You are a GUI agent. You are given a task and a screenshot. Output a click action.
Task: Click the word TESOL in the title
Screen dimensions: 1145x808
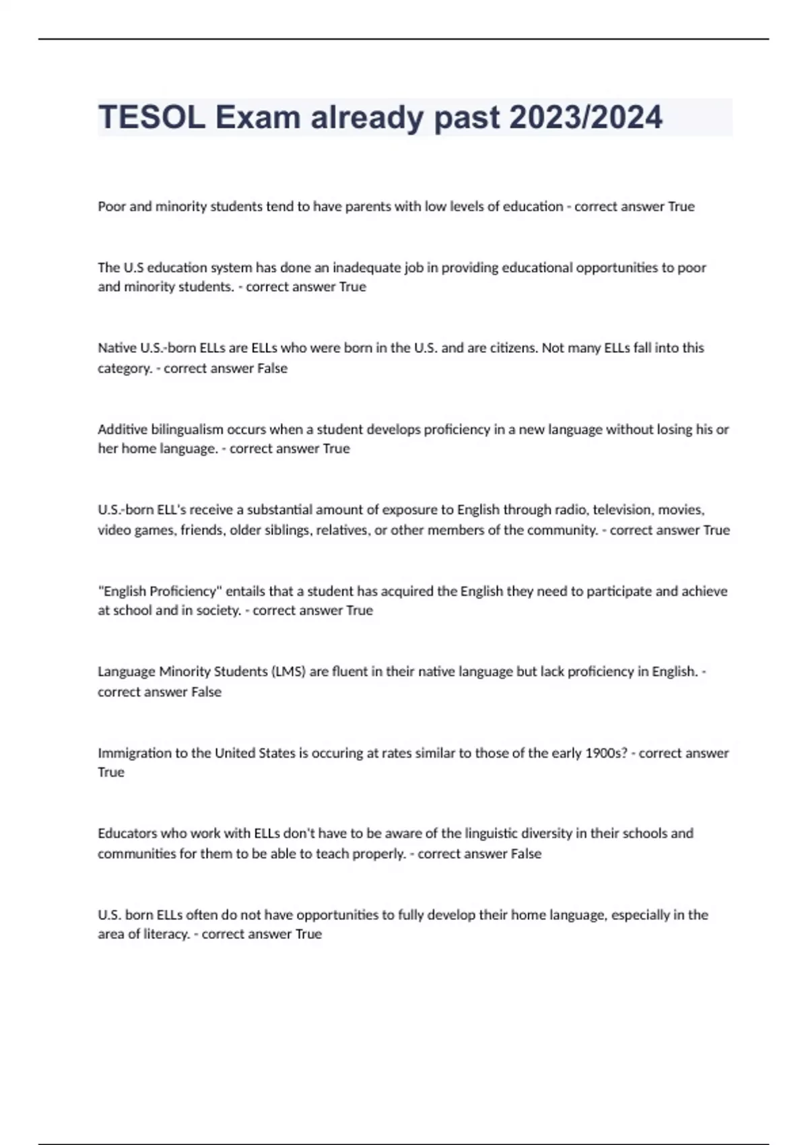click(x=152, y=118)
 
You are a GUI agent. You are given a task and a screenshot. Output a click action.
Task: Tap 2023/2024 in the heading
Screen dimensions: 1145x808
click(x=586, y=118)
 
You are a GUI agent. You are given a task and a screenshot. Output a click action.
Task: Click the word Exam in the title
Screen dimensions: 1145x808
click(x=258, y=118)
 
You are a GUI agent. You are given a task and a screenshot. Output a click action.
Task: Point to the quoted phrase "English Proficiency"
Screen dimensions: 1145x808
click(x=160, y=591)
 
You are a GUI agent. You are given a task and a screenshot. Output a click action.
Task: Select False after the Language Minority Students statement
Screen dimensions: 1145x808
click(x=206, y=692)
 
